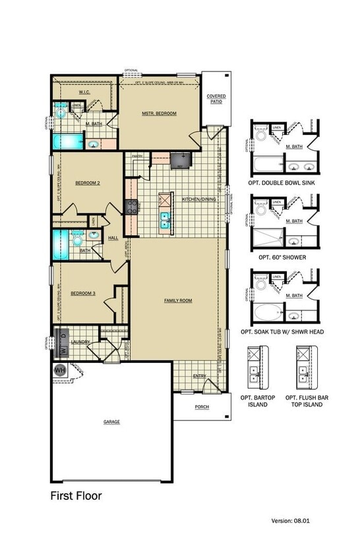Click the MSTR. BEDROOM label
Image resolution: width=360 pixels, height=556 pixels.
(159, 113)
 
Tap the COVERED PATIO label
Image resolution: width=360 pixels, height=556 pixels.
(216, 99)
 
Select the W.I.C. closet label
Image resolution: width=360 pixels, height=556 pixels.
(84, 92)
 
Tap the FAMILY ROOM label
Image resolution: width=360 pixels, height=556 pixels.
(178, 300)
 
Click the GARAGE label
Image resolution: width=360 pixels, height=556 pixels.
(111, 421)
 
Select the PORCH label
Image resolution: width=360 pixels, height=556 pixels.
(202, 406)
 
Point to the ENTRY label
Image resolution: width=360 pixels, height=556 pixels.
(199, 376)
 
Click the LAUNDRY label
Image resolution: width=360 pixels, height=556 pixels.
(80, 341)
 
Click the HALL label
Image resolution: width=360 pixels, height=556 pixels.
(113, 238)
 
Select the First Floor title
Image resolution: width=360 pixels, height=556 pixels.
(76, 495)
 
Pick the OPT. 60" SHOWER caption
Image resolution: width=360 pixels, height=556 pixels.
(282, 257)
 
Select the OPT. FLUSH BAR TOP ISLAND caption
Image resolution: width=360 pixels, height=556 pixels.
(304, 401)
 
